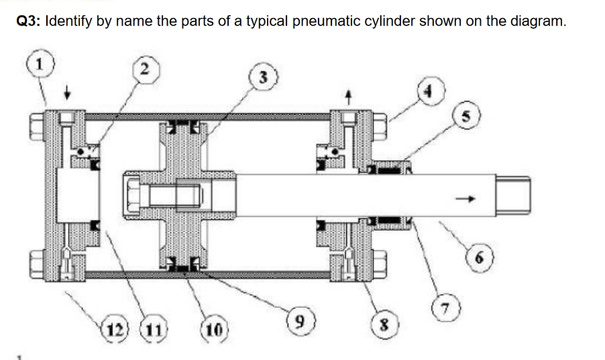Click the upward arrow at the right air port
coord(347,97)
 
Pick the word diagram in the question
coord(540,21)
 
